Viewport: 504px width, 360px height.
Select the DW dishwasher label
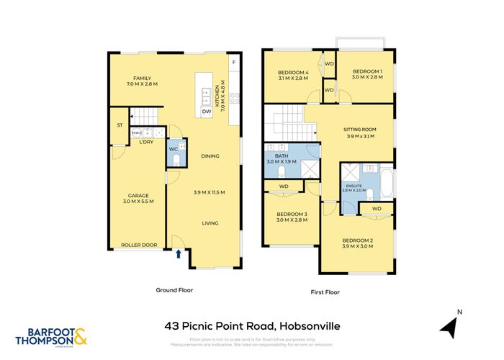click(207, 111)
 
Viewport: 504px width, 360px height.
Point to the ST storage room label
click(120, 125)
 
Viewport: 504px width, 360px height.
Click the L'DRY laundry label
click(146, 142)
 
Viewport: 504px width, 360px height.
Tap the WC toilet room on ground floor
click(173, 149)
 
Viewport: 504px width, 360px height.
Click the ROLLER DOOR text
click(139, 245)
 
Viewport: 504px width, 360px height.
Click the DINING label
click(210, 156)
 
